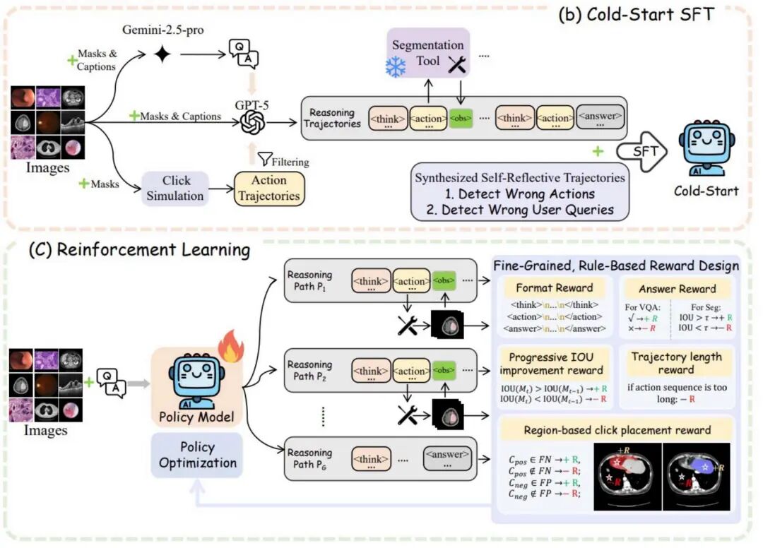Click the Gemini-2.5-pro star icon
[163, 54]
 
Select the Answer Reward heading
[678, 288]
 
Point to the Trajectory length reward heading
[678, 362]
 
